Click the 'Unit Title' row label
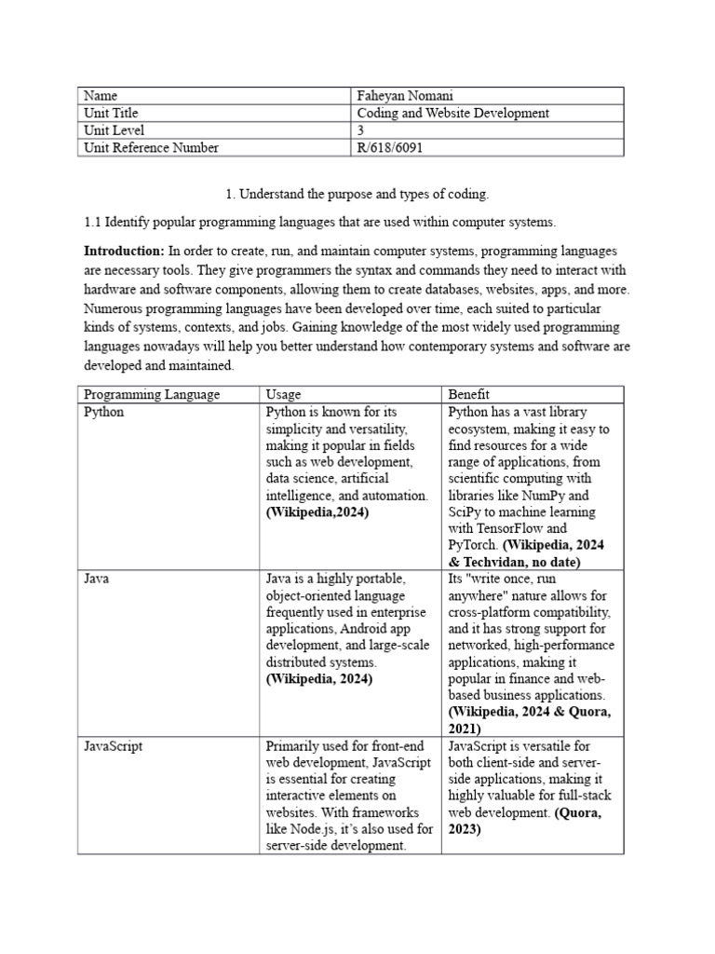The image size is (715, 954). click(x=111, y=114)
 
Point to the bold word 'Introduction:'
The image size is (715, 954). click(x=124, y=252)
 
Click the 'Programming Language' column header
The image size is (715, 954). click(x=152, y=395)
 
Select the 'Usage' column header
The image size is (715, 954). click(x=283, y=395)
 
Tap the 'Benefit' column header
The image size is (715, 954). click(x=469, y=395)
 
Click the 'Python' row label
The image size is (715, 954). click(x=103, y=412)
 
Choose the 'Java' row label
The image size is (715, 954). click(x=97, y=579)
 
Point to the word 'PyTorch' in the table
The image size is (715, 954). click(x=474, y=546)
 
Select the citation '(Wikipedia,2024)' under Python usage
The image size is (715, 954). click(x=317, y=512)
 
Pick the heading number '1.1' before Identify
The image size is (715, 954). click(x=92, y=223)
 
